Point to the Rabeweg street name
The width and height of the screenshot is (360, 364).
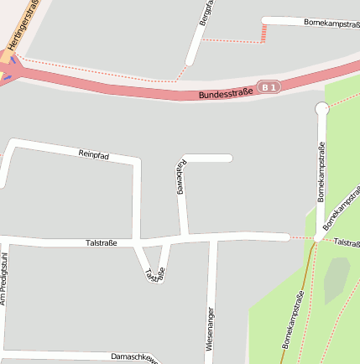point(179,177)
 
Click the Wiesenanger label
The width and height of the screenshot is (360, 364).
point(209,329)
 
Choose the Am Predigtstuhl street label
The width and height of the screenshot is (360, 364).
point(3,278)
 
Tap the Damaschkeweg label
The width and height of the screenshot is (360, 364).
point(134,357)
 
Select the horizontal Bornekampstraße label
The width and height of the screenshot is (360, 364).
point(331,23)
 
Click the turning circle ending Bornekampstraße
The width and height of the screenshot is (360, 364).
point(321,108)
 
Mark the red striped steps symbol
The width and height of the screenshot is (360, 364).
point(263,33)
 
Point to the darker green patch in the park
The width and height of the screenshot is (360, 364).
point(336,278)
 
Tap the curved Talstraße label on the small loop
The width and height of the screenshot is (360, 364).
point(155,273)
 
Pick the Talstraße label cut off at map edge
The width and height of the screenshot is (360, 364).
point(347,242)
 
